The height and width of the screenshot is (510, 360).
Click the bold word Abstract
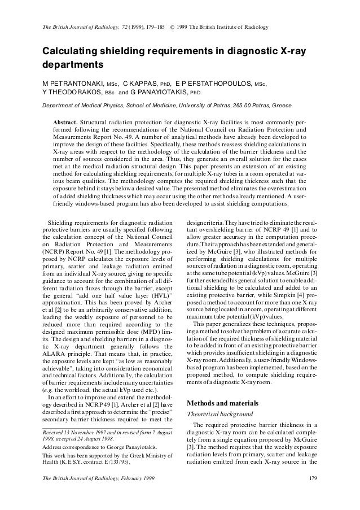[x=65, y=122]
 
